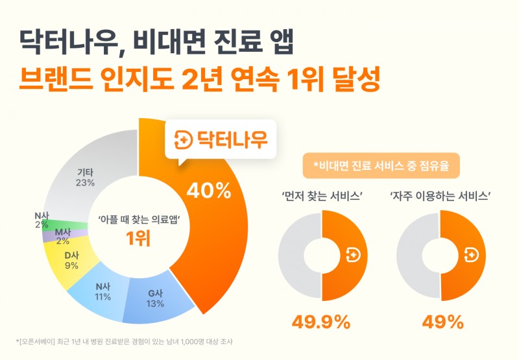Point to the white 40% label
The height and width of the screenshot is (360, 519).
point(209,191)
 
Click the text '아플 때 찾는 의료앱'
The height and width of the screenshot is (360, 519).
point(138,220)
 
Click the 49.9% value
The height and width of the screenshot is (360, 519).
point(320,321)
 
